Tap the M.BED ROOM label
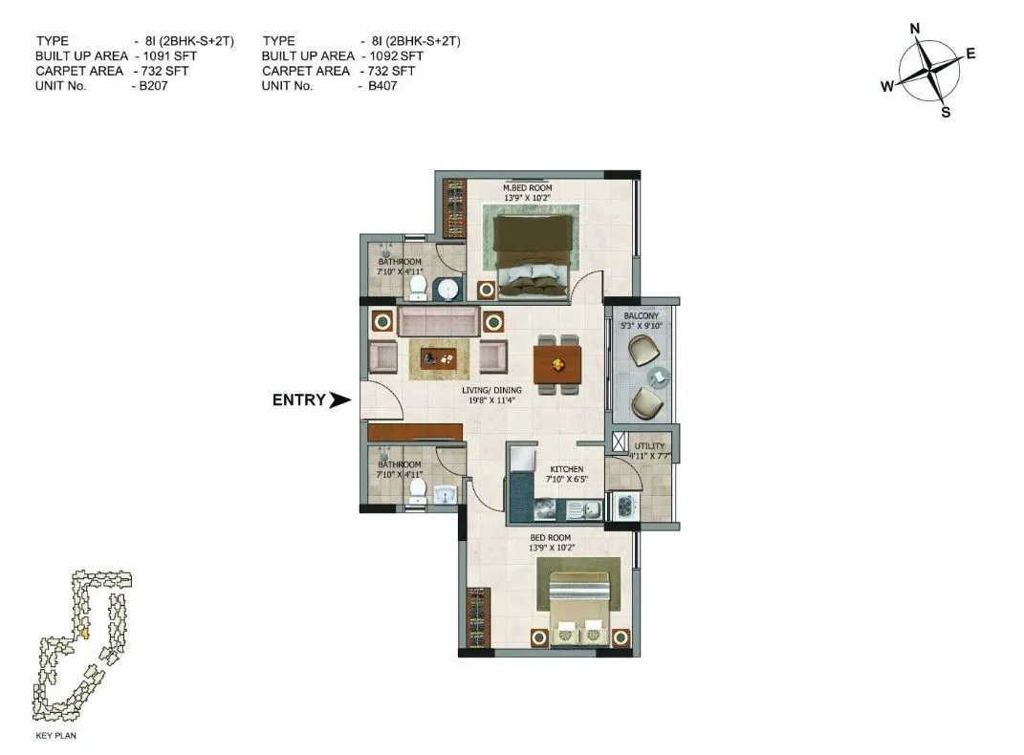[527, 187]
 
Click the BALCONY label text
[642, 315]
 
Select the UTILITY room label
[649, 446]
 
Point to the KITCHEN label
[566, 469]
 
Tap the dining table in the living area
[557, 362]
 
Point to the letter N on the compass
[914, 30]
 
